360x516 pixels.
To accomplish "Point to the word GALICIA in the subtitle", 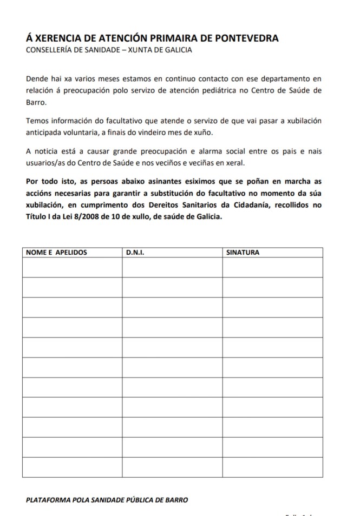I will tap(177, 50).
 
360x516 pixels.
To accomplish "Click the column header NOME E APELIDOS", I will tap(56, 253).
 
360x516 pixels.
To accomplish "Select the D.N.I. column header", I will tap(135, 253).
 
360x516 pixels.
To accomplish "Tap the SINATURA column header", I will tap(243, 253).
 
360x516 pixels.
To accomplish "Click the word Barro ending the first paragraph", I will tap(36, 102).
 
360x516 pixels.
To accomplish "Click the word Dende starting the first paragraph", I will tap(37, 78).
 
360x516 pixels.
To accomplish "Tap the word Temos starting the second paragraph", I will tap(37, 120).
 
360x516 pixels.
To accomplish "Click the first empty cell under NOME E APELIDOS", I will tap(72, 267).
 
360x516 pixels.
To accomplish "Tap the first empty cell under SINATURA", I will tap(272, 267).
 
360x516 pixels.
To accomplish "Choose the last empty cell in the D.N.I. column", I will tap(172, 467).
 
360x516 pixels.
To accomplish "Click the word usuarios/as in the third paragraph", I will tap(44, 162).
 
